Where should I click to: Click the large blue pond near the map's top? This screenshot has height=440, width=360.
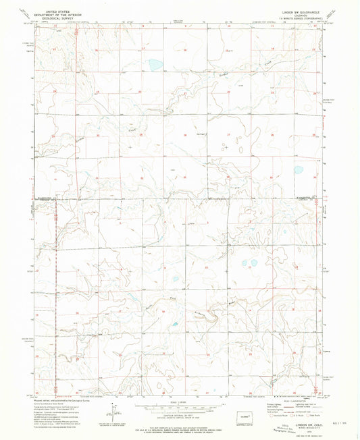[x=155, y=65]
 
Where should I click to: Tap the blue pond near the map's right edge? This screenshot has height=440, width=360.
[x=298, y=170]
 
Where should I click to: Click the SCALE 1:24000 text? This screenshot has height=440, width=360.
[x=178, y=402]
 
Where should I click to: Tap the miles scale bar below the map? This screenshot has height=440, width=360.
[x=178, y=407]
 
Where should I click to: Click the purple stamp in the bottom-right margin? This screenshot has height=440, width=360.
[x=284, y=431]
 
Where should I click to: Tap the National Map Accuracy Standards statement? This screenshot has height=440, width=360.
[x=178, y=427]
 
